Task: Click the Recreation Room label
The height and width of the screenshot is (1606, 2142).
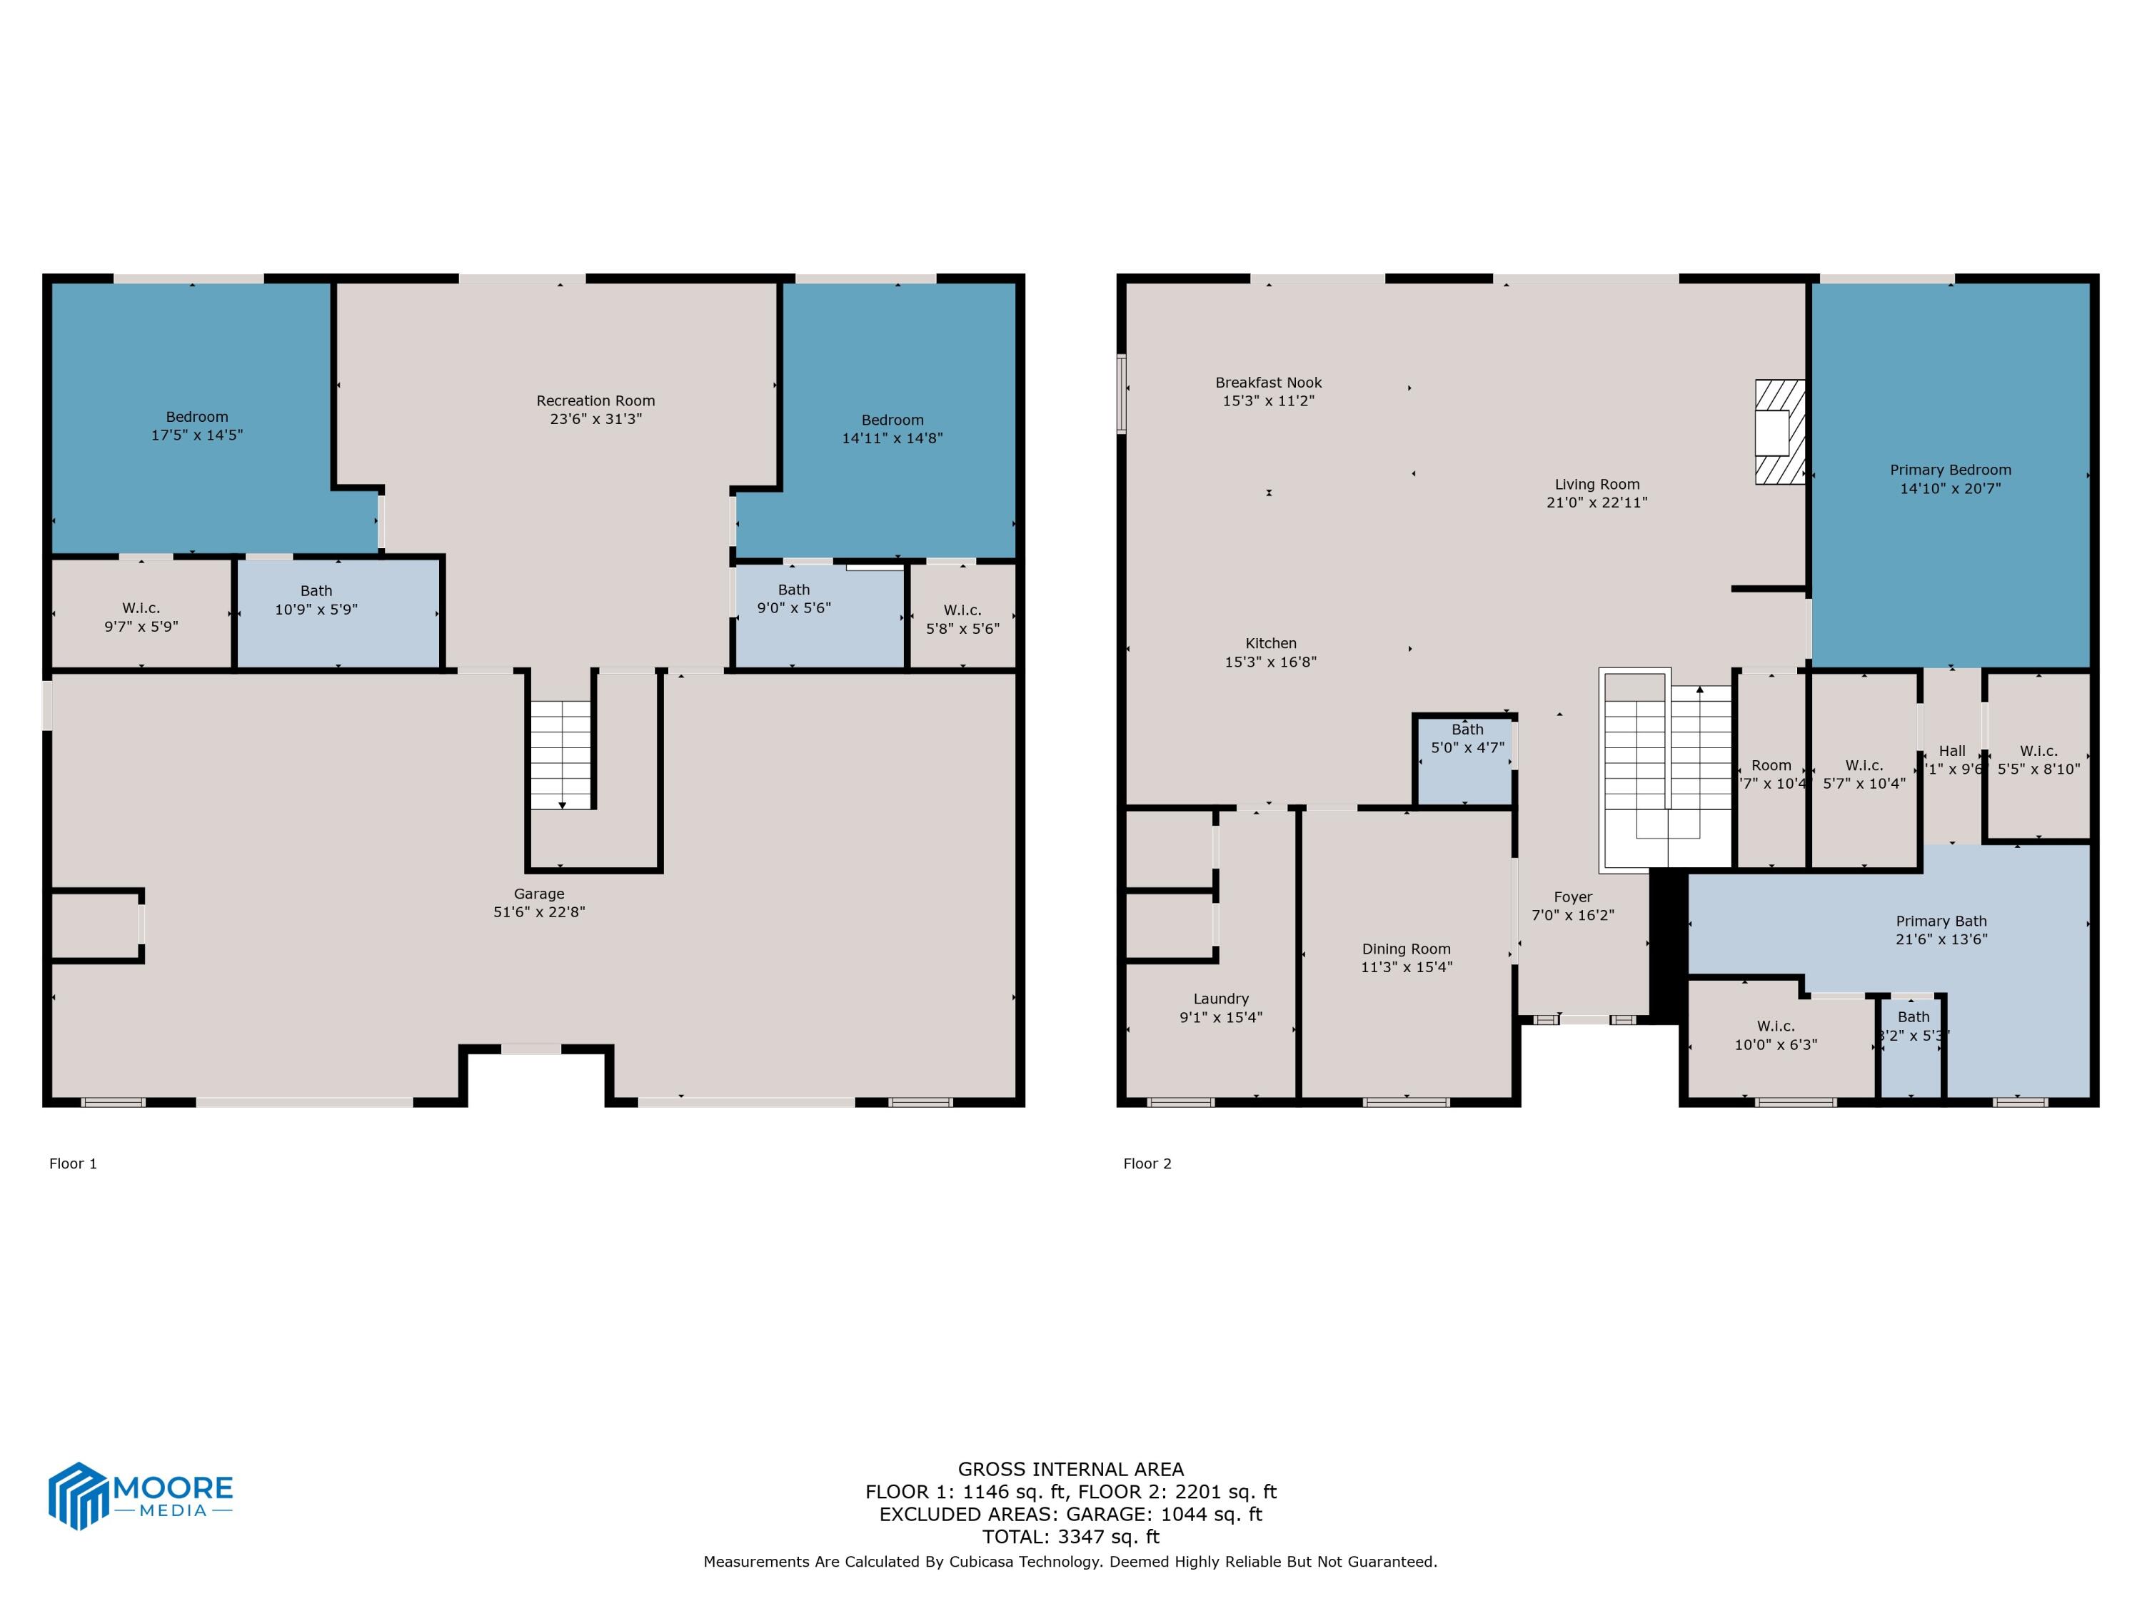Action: [x=595, y=400]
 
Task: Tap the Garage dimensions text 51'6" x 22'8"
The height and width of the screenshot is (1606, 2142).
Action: [x=539, y=912]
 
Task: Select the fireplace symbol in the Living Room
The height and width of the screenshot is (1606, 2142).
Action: [x=1780, y=432]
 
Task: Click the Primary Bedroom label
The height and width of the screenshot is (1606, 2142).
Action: [x=1950, y=470]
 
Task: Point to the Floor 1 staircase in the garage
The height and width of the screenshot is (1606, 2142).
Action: [x=560, y=754]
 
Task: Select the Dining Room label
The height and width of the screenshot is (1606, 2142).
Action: [x=1406, y=949]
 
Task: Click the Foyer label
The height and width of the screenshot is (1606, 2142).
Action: [x=1573, y=897]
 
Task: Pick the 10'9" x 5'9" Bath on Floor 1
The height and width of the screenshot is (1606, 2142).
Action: [x=316, y=600]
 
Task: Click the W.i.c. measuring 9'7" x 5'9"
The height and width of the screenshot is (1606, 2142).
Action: [x=141, y=617]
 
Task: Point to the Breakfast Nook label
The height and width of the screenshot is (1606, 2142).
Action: [x=1269, y=383]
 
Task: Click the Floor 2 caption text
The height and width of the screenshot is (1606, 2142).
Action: [x=1147, y=1163]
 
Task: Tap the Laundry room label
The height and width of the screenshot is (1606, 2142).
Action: [x=1220, y=999]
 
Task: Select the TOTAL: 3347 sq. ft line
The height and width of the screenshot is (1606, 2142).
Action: [x=1070, y=1536]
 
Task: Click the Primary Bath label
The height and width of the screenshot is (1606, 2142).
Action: [x=1941, y=921]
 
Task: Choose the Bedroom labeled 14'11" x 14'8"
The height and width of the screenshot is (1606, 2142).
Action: [x=892, y=429]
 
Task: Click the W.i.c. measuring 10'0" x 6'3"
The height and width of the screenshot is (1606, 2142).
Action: [x=1775, y=1035]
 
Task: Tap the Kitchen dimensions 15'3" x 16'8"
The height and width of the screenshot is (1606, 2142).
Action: [x=1270, y=662]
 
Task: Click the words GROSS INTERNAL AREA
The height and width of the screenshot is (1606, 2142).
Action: [x=1070, y=1470]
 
